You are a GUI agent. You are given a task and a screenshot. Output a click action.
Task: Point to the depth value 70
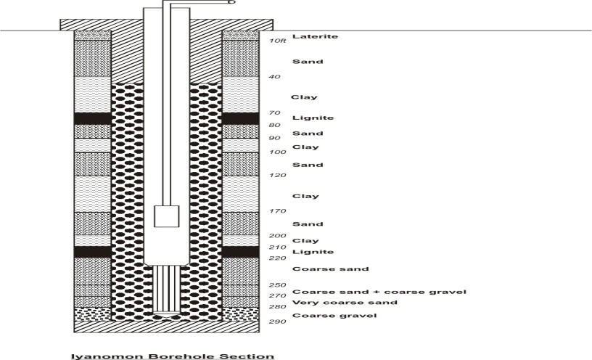pos(275,113)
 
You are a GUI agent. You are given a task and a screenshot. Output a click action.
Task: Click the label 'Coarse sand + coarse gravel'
pos(379,292)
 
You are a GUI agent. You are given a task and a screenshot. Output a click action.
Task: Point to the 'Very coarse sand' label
pos(344,303)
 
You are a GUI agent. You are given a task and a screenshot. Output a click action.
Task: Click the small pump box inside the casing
pos(166,216)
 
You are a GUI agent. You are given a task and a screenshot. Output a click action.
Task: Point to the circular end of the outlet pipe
pos(232,2)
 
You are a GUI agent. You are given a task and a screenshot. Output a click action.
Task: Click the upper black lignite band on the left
pos(92,118)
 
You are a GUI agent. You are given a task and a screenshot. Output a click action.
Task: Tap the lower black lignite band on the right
pos(240,252)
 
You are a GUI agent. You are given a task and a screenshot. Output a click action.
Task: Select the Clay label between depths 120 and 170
pos(304,196)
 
